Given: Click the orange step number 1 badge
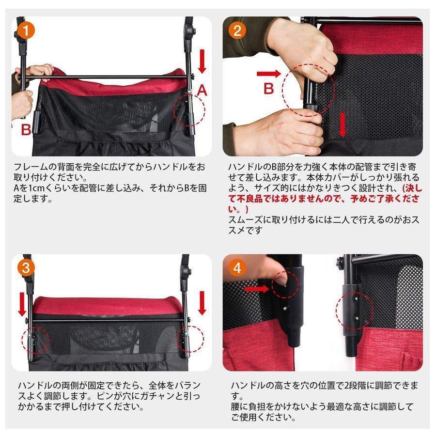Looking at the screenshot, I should (x=25, y=31).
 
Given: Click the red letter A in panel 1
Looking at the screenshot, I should (x=202, y=90).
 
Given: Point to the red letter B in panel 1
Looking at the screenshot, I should (x=26, y=129).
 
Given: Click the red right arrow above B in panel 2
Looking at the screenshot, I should (x=268, y=74).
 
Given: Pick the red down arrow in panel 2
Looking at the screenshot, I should (x=343, y=125).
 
